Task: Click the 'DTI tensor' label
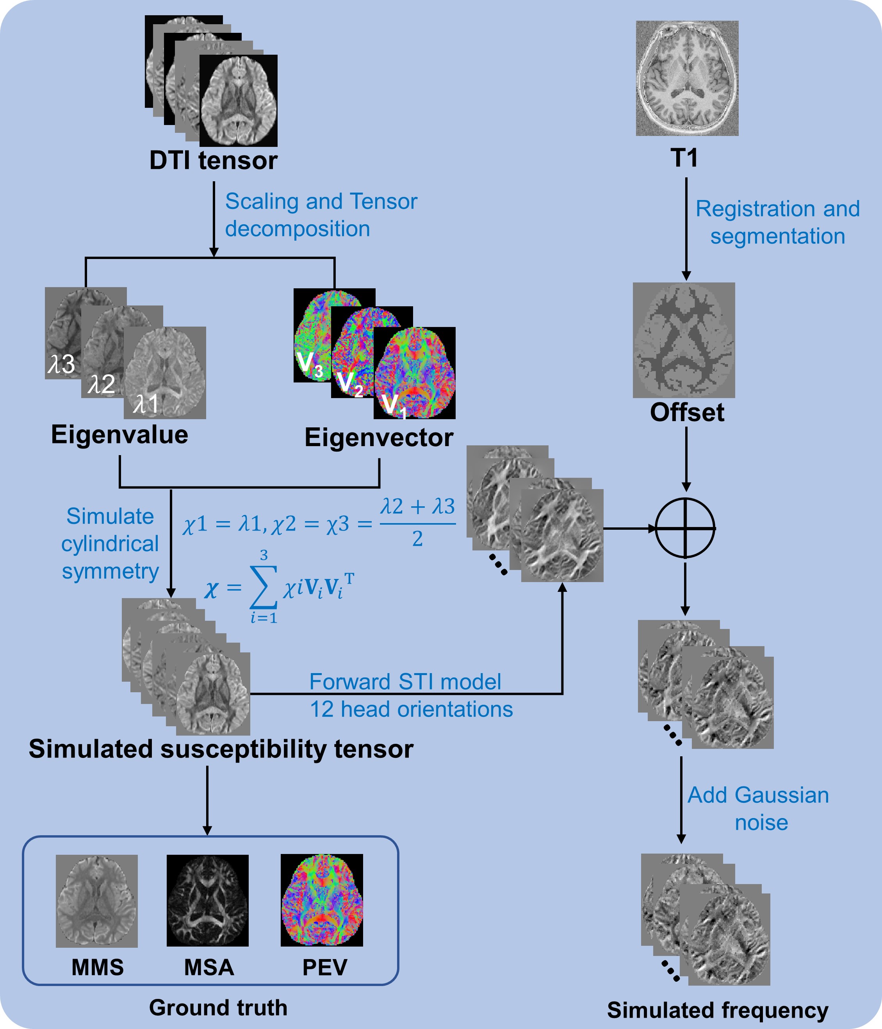tap(214, 161)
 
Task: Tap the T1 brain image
tap(687, 78)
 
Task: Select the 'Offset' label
tap(687, 413)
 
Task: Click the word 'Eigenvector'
tap(379, 438)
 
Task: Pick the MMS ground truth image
tap(97, 901)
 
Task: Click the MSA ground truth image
tap(207, 900)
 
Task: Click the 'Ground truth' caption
tap(218, 1008)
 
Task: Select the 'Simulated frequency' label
tap(718, 1010)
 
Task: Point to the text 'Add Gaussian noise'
tap(758, 809)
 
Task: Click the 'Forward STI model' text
tap(405, 682)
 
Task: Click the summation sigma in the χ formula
tap(263, 588)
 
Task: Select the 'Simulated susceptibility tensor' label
tap(221, 749)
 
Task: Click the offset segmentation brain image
tap(684, 340)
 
